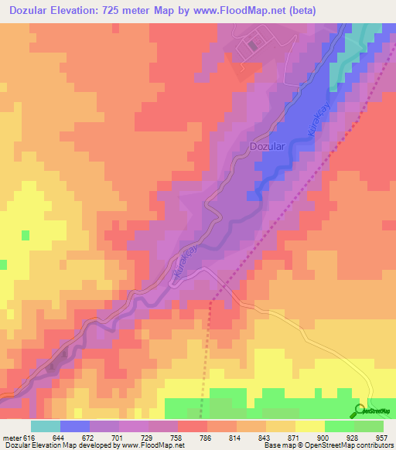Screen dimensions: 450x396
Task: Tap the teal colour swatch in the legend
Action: pyautogui.click(x=46, y=426)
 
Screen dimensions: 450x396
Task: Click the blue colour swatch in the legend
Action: pyautogui.click(x=75, y=426)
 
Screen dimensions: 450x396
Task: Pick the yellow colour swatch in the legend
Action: pyautogui.click(x=309, y=426)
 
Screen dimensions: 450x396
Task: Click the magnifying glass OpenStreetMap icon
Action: pyautogui.click(x=359, y=409)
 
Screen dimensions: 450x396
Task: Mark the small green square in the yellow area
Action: pyautogui.click(x=26, y=234)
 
